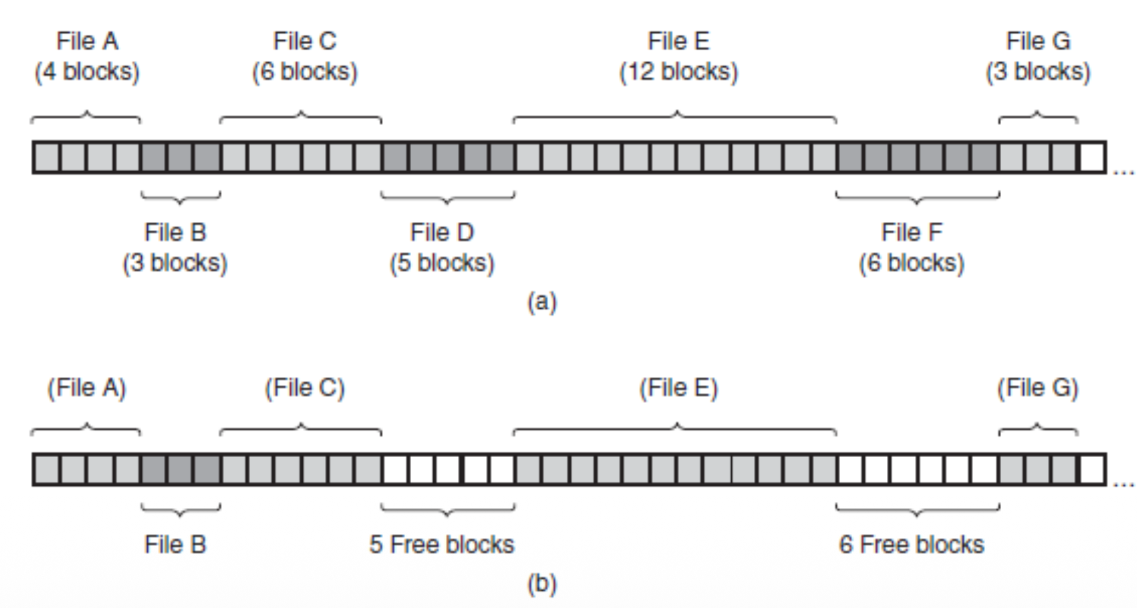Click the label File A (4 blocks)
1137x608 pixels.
pos(87,56)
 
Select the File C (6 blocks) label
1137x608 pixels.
pos(305,56)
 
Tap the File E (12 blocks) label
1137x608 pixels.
pos(679,56)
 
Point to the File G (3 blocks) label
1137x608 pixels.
pos(1038,56)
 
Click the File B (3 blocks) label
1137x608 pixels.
pos(175,248)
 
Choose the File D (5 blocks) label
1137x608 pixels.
pos(442,248)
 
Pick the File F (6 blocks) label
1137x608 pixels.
pos(912,248)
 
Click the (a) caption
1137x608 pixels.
pos(542,302)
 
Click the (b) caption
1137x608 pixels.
pos(542,583)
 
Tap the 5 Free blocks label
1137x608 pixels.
pos(442,545)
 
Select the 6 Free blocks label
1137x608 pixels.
pos(911,545)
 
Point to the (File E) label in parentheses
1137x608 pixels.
pos(679,388)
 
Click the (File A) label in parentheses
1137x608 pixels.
pos(87,388)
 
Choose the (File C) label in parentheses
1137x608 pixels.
pos(305,388)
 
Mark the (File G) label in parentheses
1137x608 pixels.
pos(1038,388)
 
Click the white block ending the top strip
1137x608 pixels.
pos(1092,158)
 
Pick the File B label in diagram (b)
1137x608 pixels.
pos(175,545)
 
